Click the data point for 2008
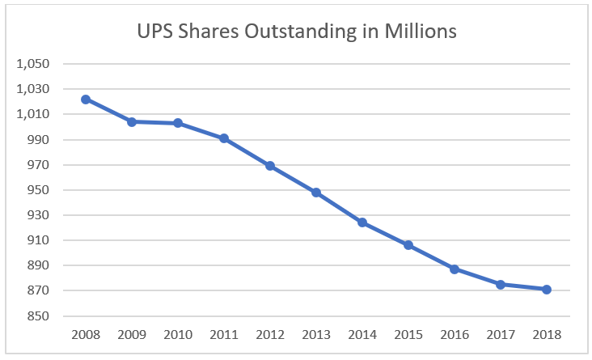(x=85, y=99)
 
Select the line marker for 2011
(x=223, y=138)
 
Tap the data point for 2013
(x=316, y=193)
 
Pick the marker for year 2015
(x=408, y=245)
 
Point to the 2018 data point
(x=547, y=290)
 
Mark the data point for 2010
(x=177, y=123)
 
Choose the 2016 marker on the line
(x=455, y=269)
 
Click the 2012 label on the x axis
(x=270, y=333)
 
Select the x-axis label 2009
(x=131, y=333)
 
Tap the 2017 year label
(x=501, y=333)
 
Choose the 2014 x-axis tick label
(x=362, y=333)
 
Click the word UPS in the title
(x=159, y=32)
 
